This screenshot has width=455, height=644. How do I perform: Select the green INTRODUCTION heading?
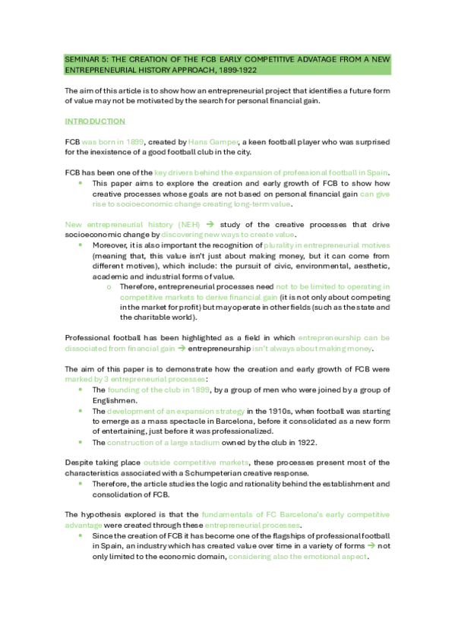coord(95,121)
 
